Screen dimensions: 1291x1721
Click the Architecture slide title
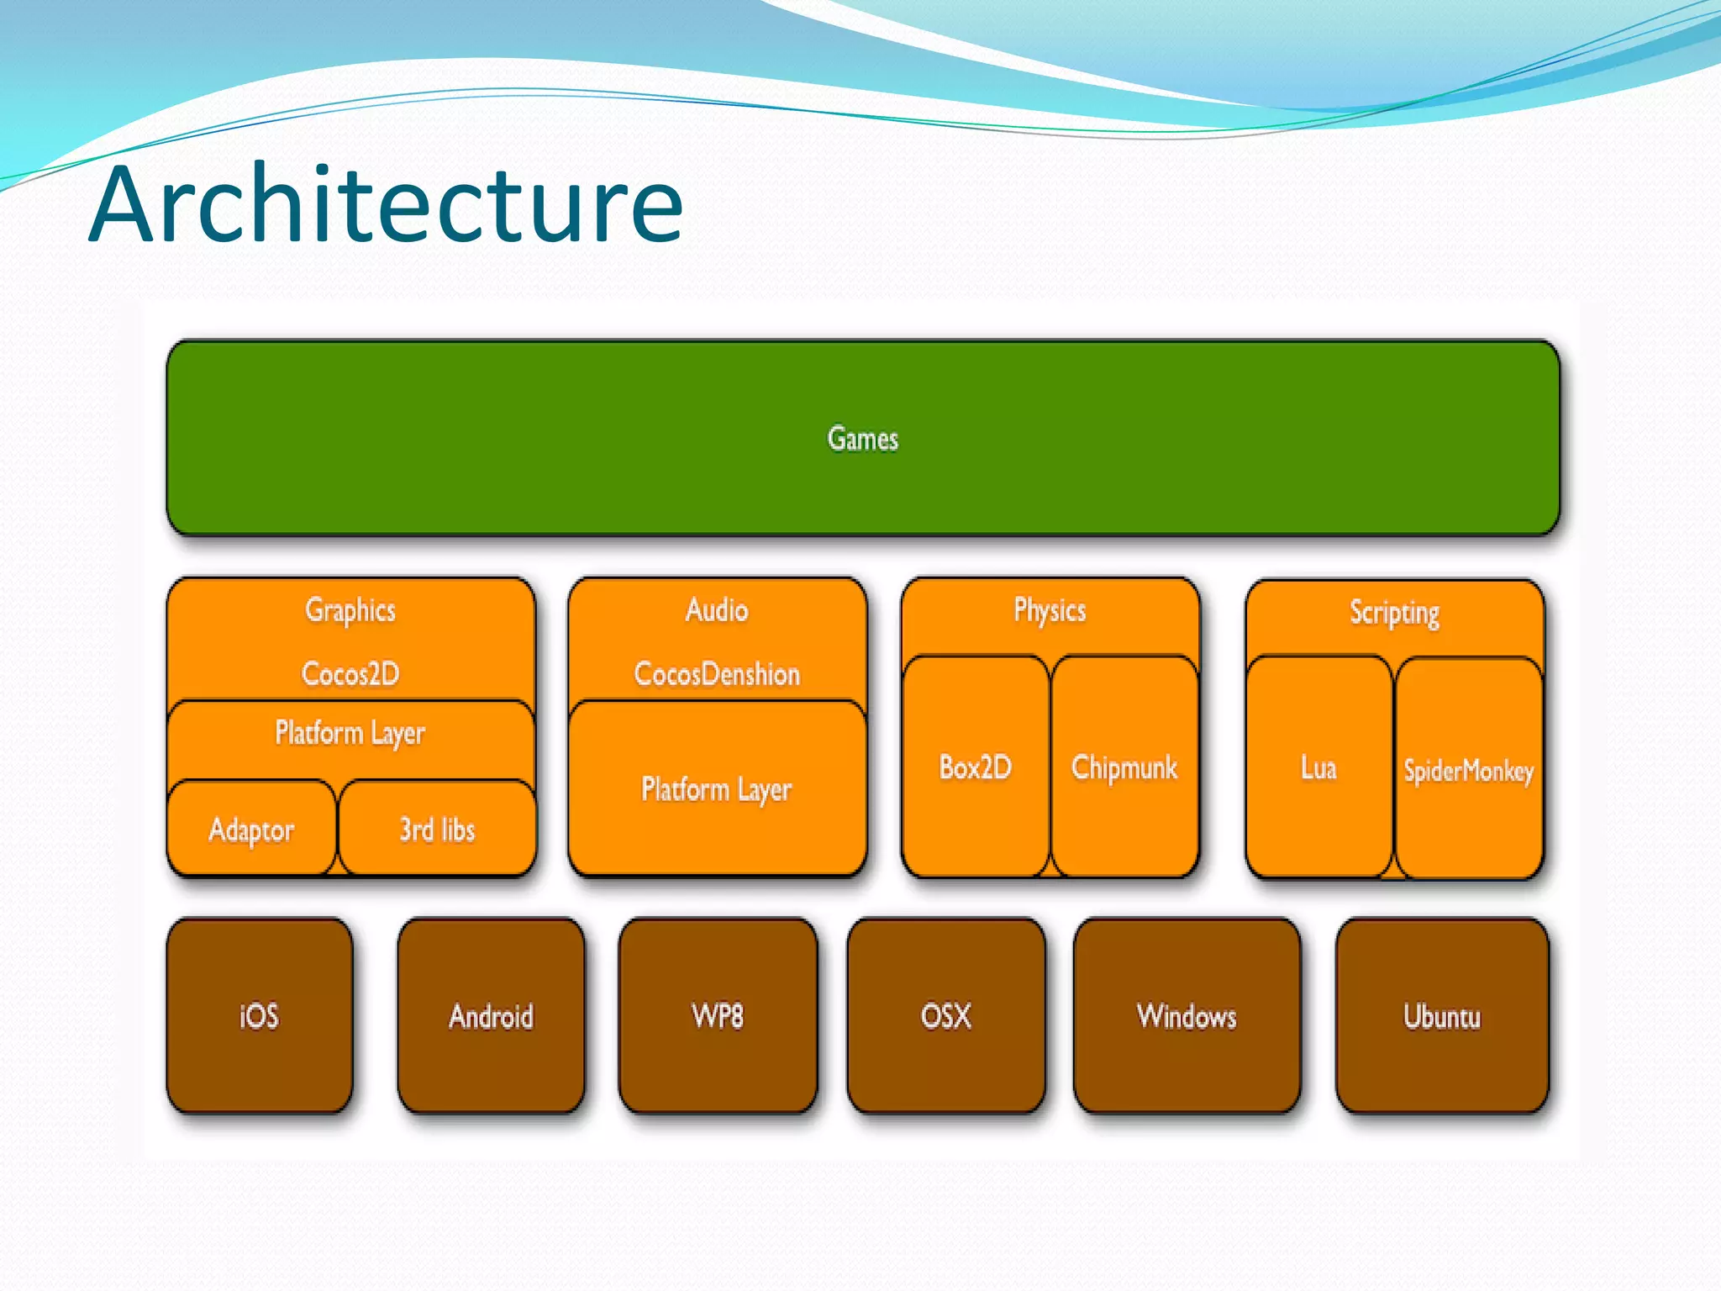386,205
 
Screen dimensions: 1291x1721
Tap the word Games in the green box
862,439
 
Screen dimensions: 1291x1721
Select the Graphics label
350,610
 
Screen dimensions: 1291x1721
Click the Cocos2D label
350,674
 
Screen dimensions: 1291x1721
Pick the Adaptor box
251,830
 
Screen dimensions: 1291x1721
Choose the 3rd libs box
437,830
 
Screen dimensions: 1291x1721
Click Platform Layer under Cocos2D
350,733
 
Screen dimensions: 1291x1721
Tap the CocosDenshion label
717,674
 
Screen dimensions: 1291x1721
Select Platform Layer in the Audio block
717,789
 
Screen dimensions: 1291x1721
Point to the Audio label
717,610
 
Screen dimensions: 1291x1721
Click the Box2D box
975,767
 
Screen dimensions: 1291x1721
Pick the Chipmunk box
1124,767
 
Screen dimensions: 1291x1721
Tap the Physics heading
1050,610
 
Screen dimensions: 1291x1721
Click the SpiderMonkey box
1468,771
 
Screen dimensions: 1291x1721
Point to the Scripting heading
1394,613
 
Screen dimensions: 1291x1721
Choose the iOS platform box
259,1016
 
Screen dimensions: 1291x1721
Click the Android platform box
491,1016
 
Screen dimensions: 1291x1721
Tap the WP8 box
717,1016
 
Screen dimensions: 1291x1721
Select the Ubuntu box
1442,1016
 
